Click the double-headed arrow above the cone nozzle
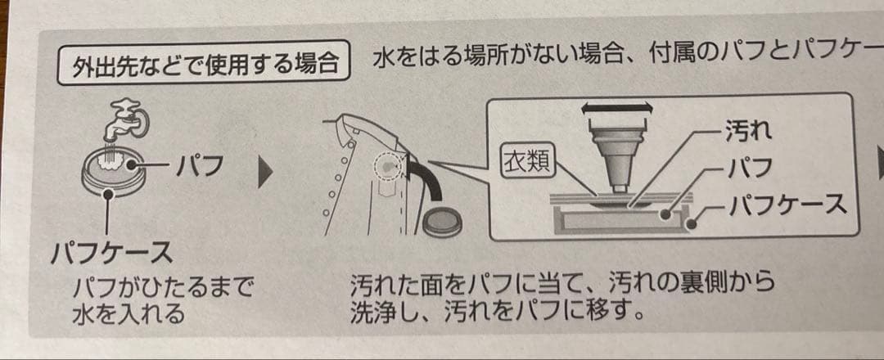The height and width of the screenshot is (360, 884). click(x=616, y=107)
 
